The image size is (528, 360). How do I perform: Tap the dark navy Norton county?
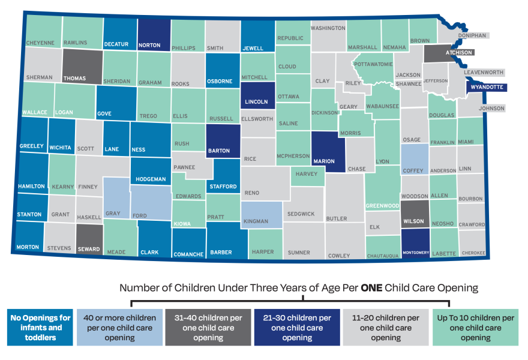tap(154, 33)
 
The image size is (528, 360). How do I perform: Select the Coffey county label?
tap(413, 170)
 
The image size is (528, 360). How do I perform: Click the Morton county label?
tap(28, 247)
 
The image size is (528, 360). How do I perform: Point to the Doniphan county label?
tap(472, 35)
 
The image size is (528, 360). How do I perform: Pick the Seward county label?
tap(89, 249)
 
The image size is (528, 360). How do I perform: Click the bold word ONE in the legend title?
tap(376, 288)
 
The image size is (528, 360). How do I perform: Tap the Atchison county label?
tap(458, 52)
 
